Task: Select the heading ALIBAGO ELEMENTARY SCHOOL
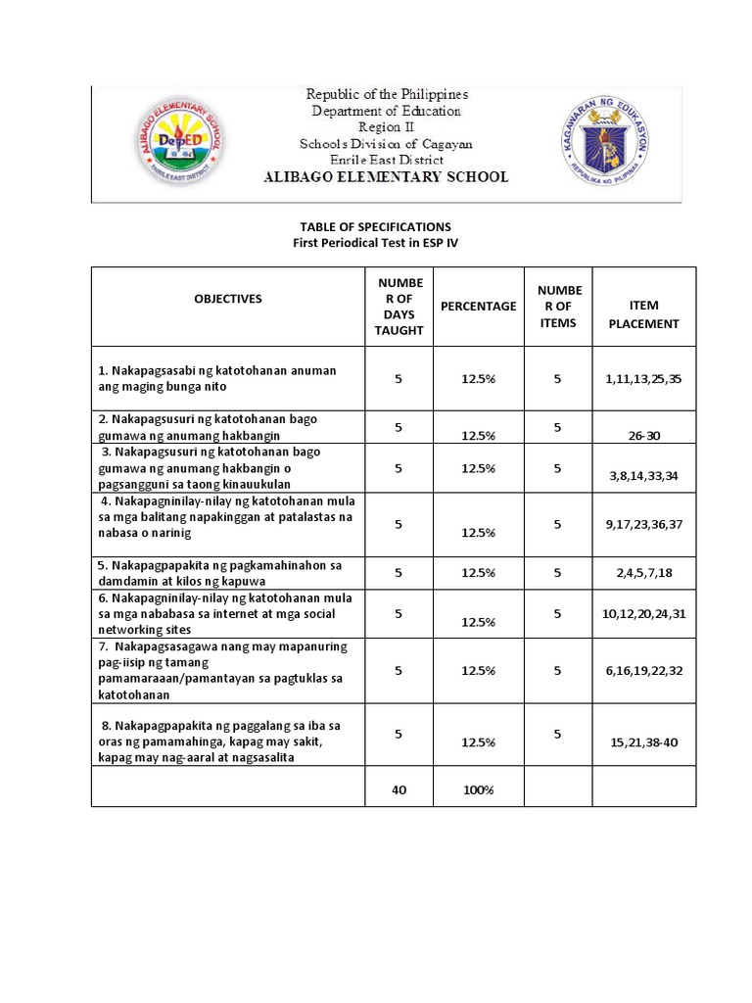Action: click(x=386, y=177)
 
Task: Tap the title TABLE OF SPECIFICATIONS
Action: click(x=377, y=226)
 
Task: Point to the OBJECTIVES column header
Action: click(x=228, y=299)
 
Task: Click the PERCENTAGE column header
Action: click(x=478, y=306)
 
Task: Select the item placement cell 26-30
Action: click(x=643, y=436)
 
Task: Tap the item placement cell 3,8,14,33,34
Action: click(x=643, y=476)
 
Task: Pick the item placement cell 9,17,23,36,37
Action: click(x=643, y=524)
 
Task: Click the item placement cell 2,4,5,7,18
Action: click(x=643, y=573)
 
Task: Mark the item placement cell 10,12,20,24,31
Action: click(x=643, y=614)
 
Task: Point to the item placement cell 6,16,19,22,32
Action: click(x=643, y=671)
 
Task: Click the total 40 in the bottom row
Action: click(x=399, y=788)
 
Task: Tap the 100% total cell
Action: click(x=478, y=788)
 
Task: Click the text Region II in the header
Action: click(x=386, y=127)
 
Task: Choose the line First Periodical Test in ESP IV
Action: click(x=377, y=242)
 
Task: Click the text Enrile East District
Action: click(x=386, y=160)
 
